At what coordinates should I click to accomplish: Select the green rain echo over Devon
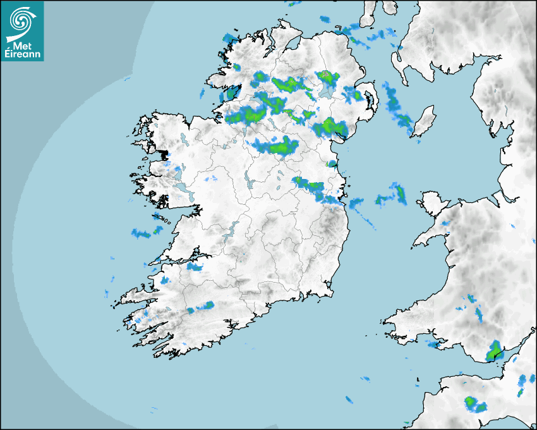pyautogui.click(x=472, y=402)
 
